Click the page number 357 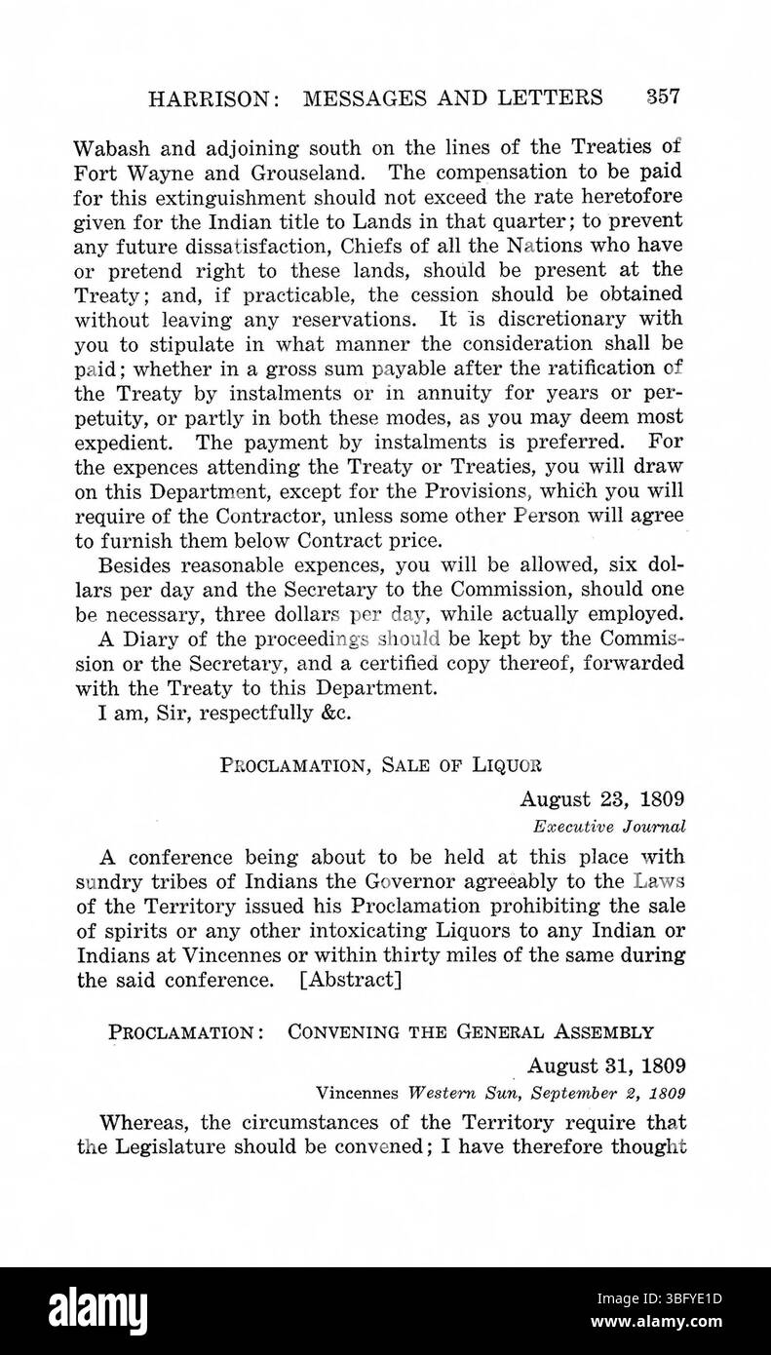[662, 97]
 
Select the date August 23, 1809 [602, 800]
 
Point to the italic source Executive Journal [609, 825]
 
